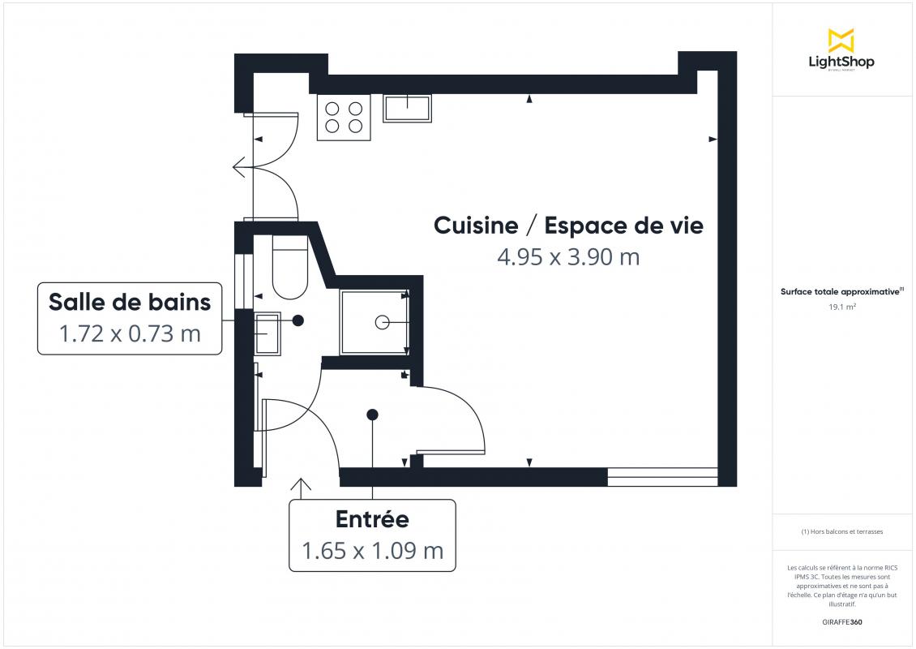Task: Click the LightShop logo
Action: tap(841, 50)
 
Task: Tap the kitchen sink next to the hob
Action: tap(407, 108)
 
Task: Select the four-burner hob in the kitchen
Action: tap(344, 117)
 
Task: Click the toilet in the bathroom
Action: tap(289, 267)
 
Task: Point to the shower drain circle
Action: tap(382, 322)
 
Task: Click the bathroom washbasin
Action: tap(268, 334)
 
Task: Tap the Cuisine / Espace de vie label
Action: tap(568, 226)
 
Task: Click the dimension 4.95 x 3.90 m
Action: tap(568, 257)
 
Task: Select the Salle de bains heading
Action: tap(130, 303)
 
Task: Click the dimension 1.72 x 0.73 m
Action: tap(130, 334)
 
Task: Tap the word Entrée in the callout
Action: tap(372, 519)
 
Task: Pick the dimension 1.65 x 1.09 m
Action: tap(372, 551)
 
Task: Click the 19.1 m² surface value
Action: tap(841, 307)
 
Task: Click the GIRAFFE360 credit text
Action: tap(841, 622)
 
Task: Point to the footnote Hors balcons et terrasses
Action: tap(841, 531)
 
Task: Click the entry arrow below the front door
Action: tap(301, 489)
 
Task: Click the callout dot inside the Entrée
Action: tap(372, 415)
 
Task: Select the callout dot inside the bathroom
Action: tap(298, 320)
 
